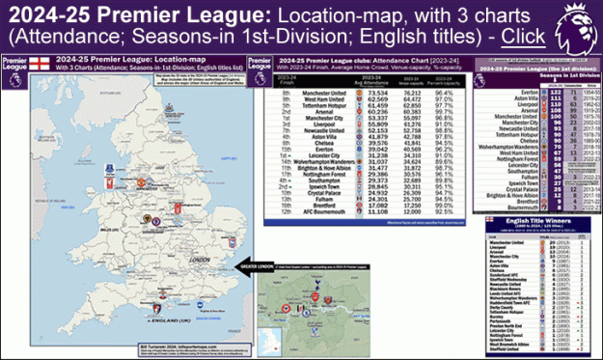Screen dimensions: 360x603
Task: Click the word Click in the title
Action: [x=521, y=36]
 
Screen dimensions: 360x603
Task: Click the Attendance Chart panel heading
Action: [x=367, y=62]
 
